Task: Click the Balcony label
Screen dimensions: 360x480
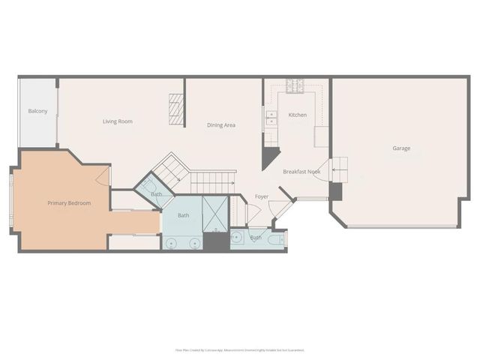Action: coord(37,112)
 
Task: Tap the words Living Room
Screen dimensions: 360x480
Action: coord(118,121)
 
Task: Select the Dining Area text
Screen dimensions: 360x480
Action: coord(221,125)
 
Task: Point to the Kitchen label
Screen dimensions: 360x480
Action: coord(298,115)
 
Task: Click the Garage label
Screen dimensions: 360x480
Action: coord(401,148)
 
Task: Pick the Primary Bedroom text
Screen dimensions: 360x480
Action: coord(69,203)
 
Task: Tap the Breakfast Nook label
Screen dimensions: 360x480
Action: coord(302,172)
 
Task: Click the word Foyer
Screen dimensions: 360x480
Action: coord(262,196)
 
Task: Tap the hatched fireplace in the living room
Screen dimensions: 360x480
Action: coord(175,110)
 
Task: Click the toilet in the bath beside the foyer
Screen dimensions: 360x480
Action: coord(279,240)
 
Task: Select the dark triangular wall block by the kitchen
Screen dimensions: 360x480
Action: coord(269,158)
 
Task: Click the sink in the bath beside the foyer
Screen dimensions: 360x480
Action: coord(236,239)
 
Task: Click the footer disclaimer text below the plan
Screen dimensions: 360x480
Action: coord(240,349)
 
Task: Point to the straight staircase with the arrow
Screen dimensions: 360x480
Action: coord(211,181)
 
